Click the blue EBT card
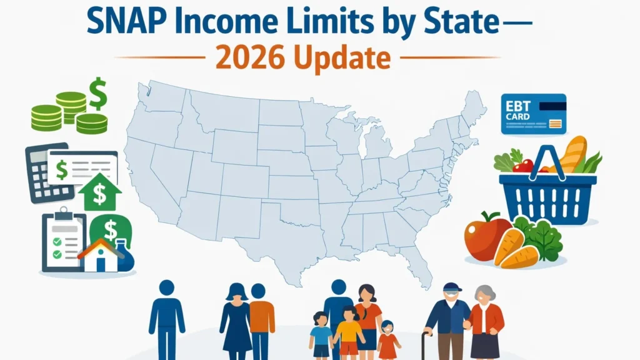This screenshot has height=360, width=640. point(533,114)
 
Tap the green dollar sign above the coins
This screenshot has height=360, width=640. point(97,93)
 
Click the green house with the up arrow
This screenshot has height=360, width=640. point(99,193)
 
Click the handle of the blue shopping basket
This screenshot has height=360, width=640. point(547,159)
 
